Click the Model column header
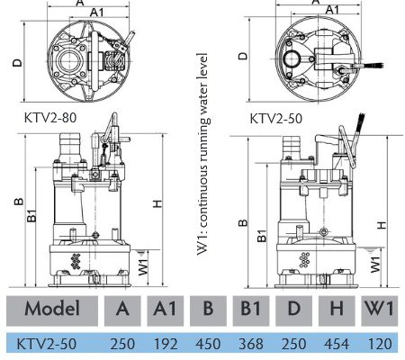click(x=52, y=309)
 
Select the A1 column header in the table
click(x=165, y=309)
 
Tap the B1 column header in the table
click(x=251, y=309)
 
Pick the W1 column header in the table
click(x=379, y=309)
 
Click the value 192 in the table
click(x=166, y=344)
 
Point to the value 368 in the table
click(x=251, y=344)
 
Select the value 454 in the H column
click(x=337, y=344)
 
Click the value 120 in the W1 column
click(x=380, y=344)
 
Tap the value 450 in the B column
click(x=208, y=344)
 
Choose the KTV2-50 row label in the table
click(x=46, y=344)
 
